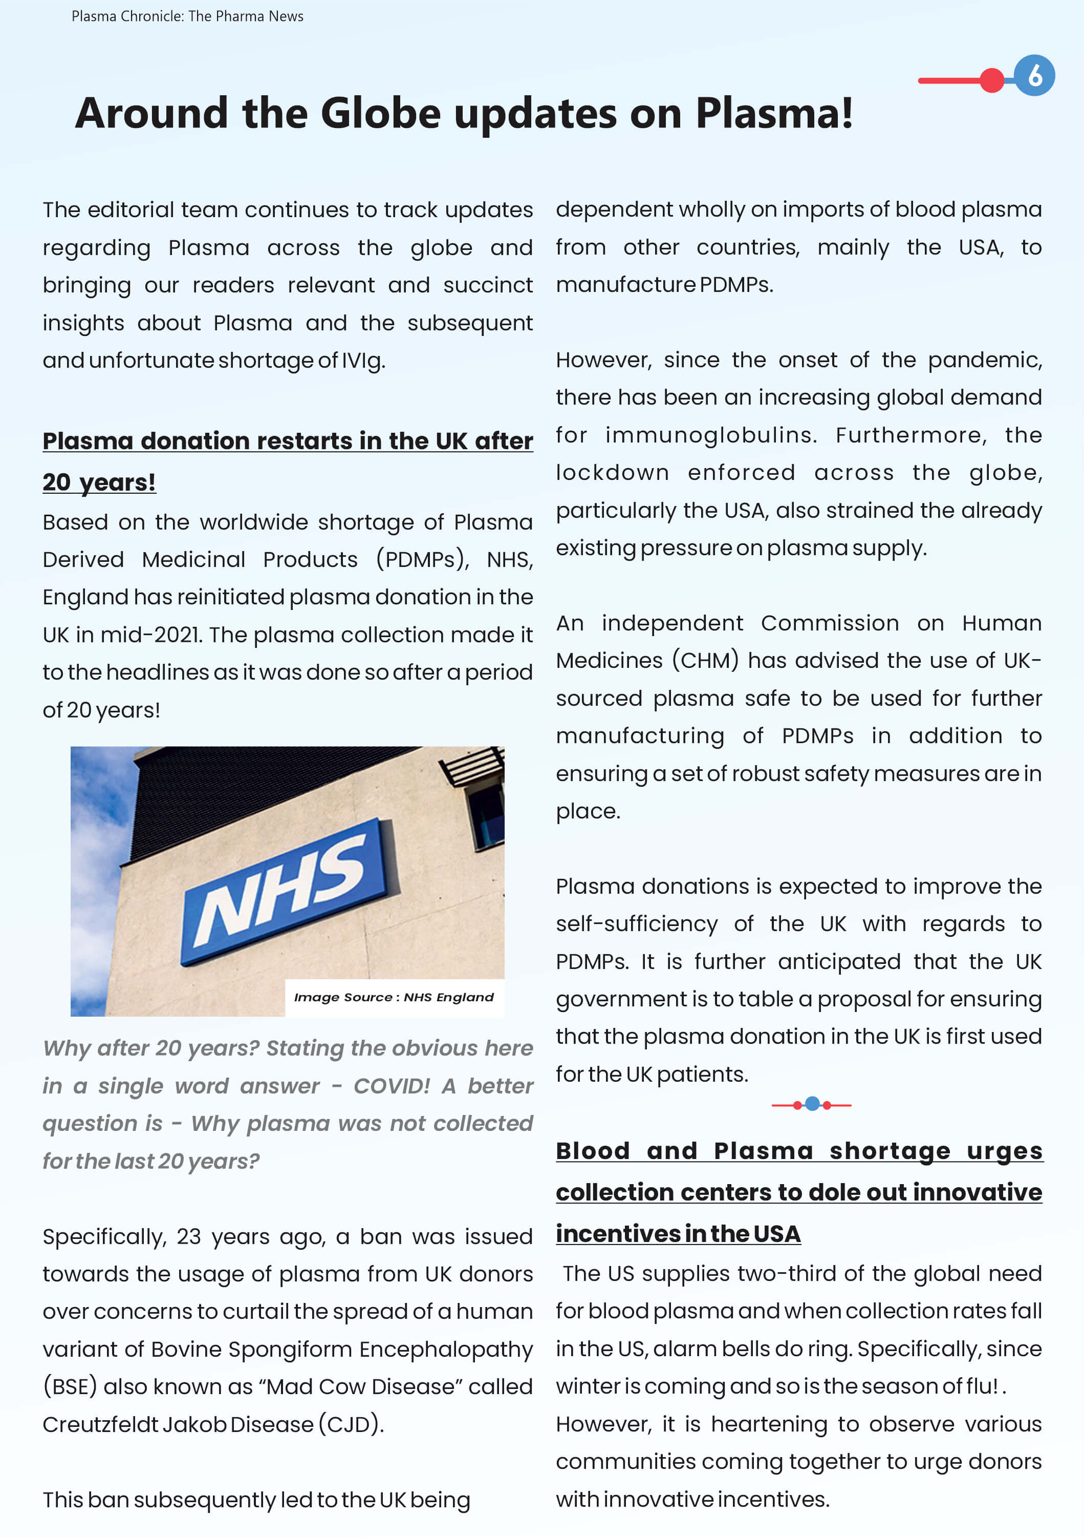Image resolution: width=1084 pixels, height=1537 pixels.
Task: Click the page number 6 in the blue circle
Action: (x=1034, y=76)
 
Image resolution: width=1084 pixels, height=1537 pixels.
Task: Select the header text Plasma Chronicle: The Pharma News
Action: (x=187, y=16)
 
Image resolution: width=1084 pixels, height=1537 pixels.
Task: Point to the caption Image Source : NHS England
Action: (x=394, y=998)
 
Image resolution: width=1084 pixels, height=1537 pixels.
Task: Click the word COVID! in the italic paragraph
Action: (x=392, y=1086)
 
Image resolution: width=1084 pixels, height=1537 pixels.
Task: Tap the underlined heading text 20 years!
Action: (x=99, y=482)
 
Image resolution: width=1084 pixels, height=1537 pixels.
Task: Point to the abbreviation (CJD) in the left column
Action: (x=351, y=1424)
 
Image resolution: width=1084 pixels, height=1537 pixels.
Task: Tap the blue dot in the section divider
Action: (x=812, y=1104)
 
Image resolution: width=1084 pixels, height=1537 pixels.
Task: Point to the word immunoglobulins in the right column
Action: (x=710, y=435)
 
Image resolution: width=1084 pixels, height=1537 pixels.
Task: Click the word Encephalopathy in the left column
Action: (x=446, y=1349)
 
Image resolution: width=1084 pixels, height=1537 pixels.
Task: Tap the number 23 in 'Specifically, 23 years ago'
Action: (x=189, y=1236)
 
